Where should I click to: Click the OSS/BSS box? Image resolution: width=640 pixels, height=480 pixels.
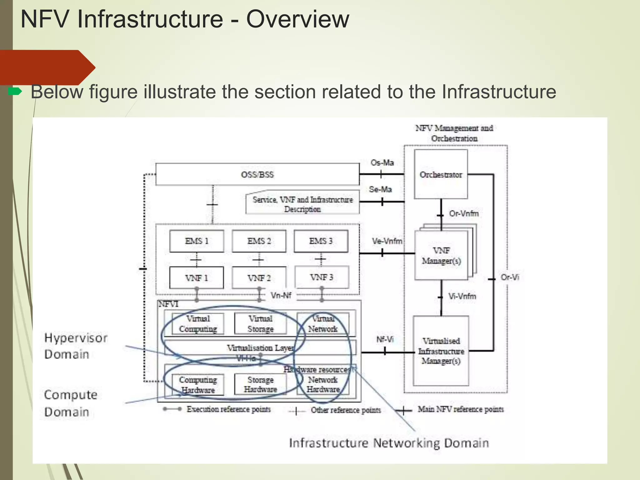click(257, 174)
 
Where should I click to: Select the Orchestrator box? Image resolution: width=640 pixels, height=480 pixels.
click(441, 174)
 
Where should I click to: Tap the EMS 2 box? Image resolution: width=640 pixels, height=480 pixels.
click(259, 241)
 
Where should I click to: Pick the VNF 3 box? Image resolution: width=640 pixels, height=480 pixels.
click(322, 277)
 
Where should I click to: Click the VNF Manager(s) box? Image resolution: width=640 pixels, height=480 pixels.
click(441, 256)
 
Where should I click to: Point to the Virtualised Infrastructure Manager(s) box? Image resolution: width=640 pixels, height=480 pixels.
click(441, 351)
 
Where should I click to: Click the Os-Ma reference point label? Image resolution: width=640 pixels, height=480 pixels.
click(382, 162)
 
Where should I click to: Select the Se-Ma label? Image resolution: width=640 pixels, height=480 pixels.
click(380, 189)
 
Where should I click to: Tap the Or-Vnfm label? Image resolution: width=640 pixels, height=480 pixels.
click(464, 213)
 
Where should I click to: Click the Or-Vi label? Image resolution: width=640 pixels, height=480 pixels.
click(510, 277)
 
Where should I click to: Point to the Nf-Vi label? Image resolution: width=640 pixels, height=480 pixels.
click(385, 339)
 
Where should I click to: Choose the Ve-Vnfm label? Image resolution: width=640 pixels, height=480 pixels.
click(387, 241)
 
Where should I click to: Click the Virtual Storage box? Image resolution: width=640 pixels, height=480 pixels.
click(260, 324)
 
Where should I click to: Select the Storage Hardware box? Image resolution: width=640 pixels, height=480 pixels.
click(260, 385)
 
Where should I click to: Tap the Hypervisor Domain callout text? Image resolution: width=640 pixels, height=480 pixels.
click(76, 346)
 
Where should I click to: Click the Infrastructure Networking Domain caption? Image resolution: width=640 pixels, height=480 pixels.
click(389, 443)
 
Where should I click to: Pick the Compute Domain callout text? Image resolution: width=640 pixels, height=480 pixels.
click(71, 403)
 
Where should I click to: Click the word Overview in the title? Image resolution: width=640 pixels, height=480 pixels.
click(297, 19)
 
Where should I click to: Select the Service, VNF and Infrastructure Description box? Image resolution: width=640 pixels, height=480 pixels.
click(302, 204)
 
